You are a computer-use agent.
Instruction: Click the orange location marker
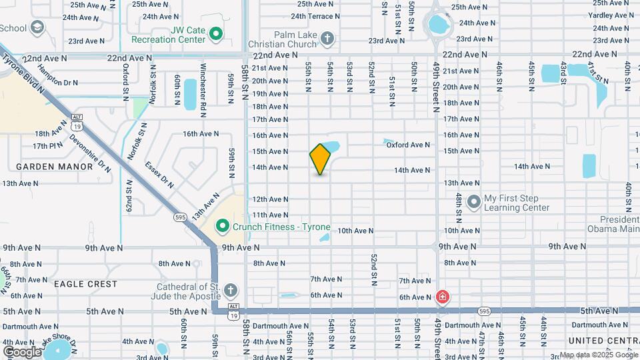(320, 159)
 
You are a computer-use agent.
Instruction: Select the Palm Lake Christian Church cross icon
(327, 39)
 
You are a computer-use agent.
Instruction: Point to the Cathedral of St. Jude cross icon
(230, 290)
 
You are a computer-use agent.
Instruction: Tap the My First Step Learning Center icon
(474, 201)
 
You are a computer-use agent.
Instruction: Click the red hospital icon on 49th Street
(441, 297)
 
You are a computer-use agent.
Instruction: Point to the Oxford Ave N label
(408, 145)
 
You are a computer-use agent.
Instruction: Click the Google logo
(22, 351)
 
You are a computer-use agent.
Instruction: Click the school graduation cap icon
(38, 27)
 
